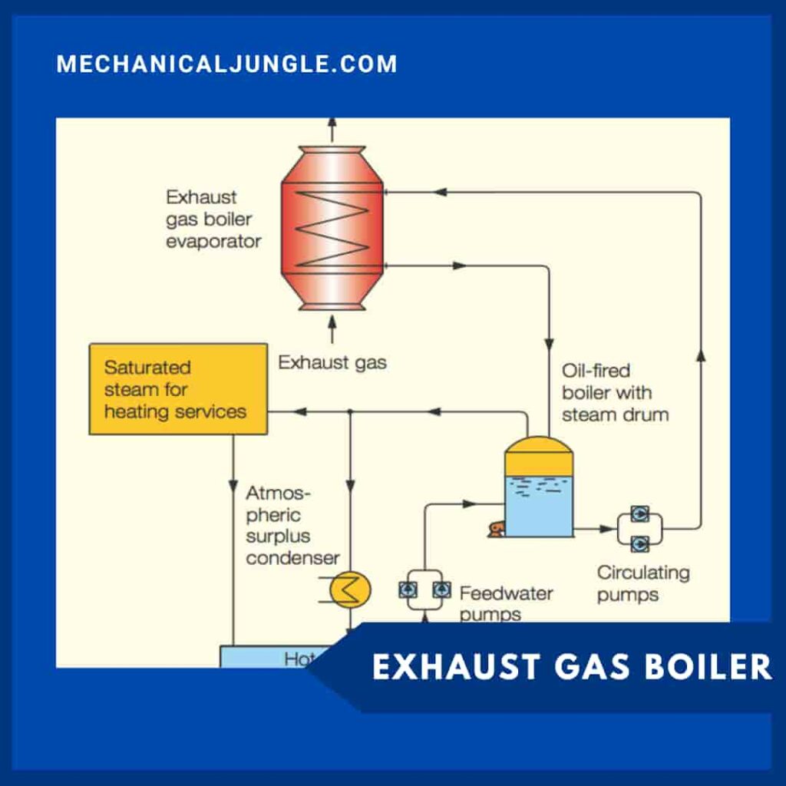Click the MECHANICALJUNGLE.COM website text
[x=227, y=64]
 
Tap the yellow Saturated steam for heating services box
[x=178, y=389]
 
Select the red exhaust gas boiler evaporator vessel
[x=332, y=229]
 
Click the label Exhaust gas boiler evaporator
[x=213, y=220]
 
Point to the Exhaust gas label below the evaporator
[x=332, y=362]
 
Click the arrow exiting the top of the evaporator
[x=332, y=129]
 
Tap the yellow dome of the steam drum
[x=539, y=457]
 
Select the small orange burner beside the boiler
[x=496, y=529]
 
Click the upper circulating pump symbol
[x=639, y=514]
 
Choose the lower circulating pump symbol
[x=639, y=543]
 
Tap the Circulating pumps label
[x=643, y=583]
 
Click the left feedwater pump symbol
[x=407, y=589]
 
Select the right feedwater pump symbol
[x=441, y=589]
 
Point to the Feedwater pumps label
[x=505, y=603]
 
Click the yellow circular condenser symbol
[x=350, y=589]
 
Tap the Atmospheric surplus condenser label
[x=292, y=526]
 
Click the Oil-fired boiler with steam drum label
[x=614, y=393]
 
